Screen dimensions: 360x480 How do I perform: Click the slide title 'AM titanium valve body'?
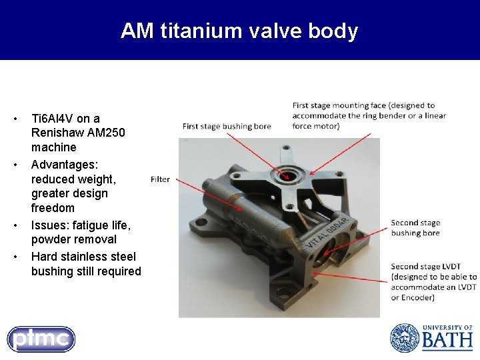click(239, 31)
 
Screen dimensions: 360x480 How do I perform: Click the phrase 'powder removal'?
click(73, 239)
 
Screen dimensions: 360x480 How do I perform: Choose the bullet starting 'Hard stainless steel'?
click(83, 257)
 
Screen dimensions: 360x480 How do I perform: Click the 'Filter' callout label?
click(160, 179)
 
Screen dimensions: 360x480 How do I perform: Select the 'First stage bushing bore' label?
click(227, 126)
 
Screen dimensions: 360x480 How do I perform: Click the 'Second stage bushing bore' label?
click(415, 228)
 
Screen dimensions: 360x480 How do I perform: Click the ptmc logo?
click(41, 339)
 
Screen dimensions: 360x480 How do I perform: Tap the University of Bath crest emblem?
click(404, 338)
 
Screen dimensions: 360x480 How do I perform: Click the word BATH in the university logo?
click(447, 341)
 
